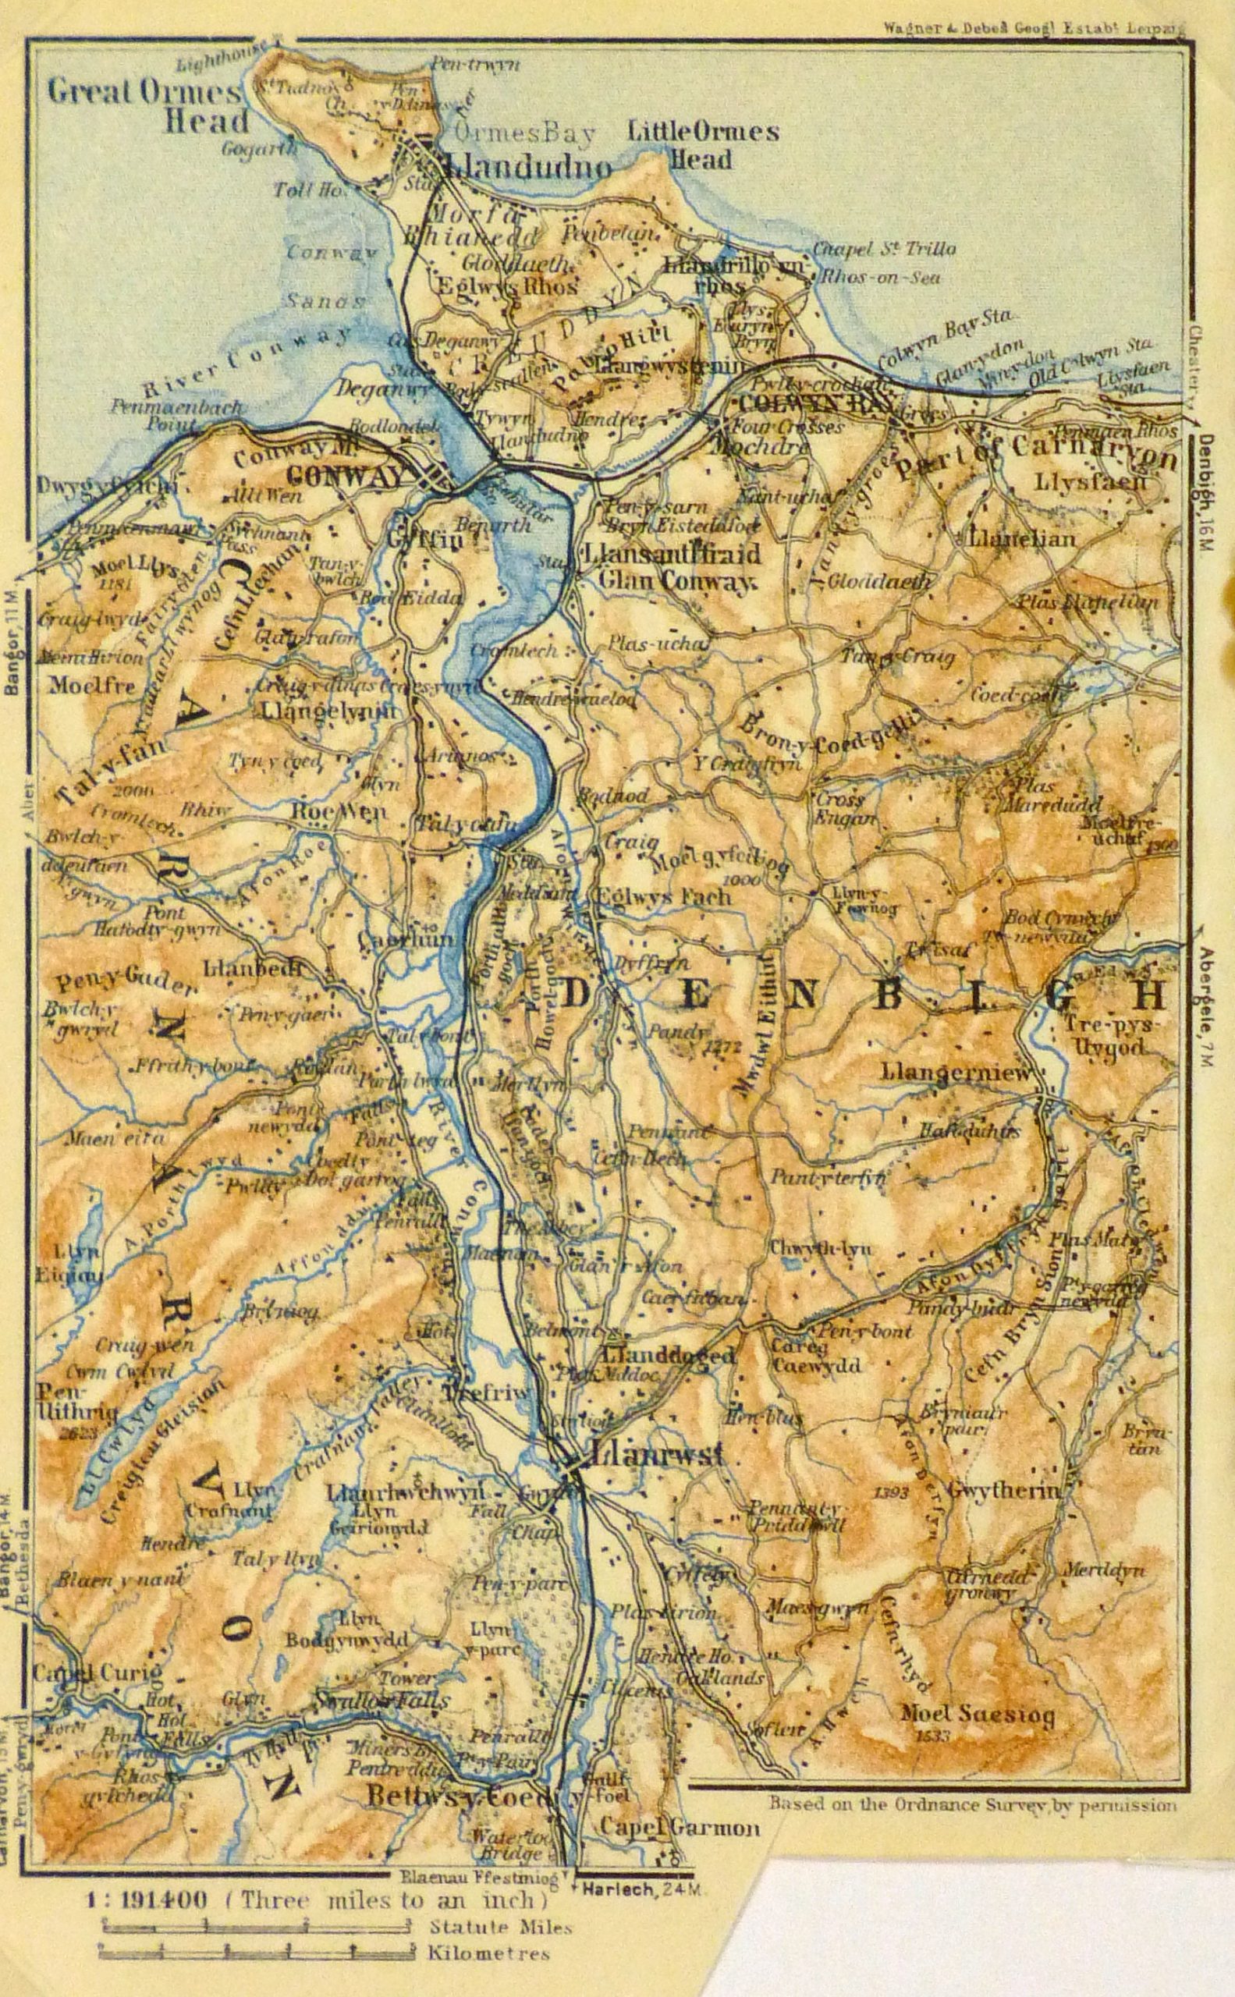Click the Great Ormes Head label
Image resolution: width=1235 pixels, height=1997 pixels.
[x=145, y=107]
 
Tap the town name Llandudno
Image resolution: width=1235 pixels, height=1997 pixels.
[x=527, y=168]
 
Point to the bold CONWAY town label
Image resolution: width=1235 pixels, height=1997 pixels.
[x=347, y=474]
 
